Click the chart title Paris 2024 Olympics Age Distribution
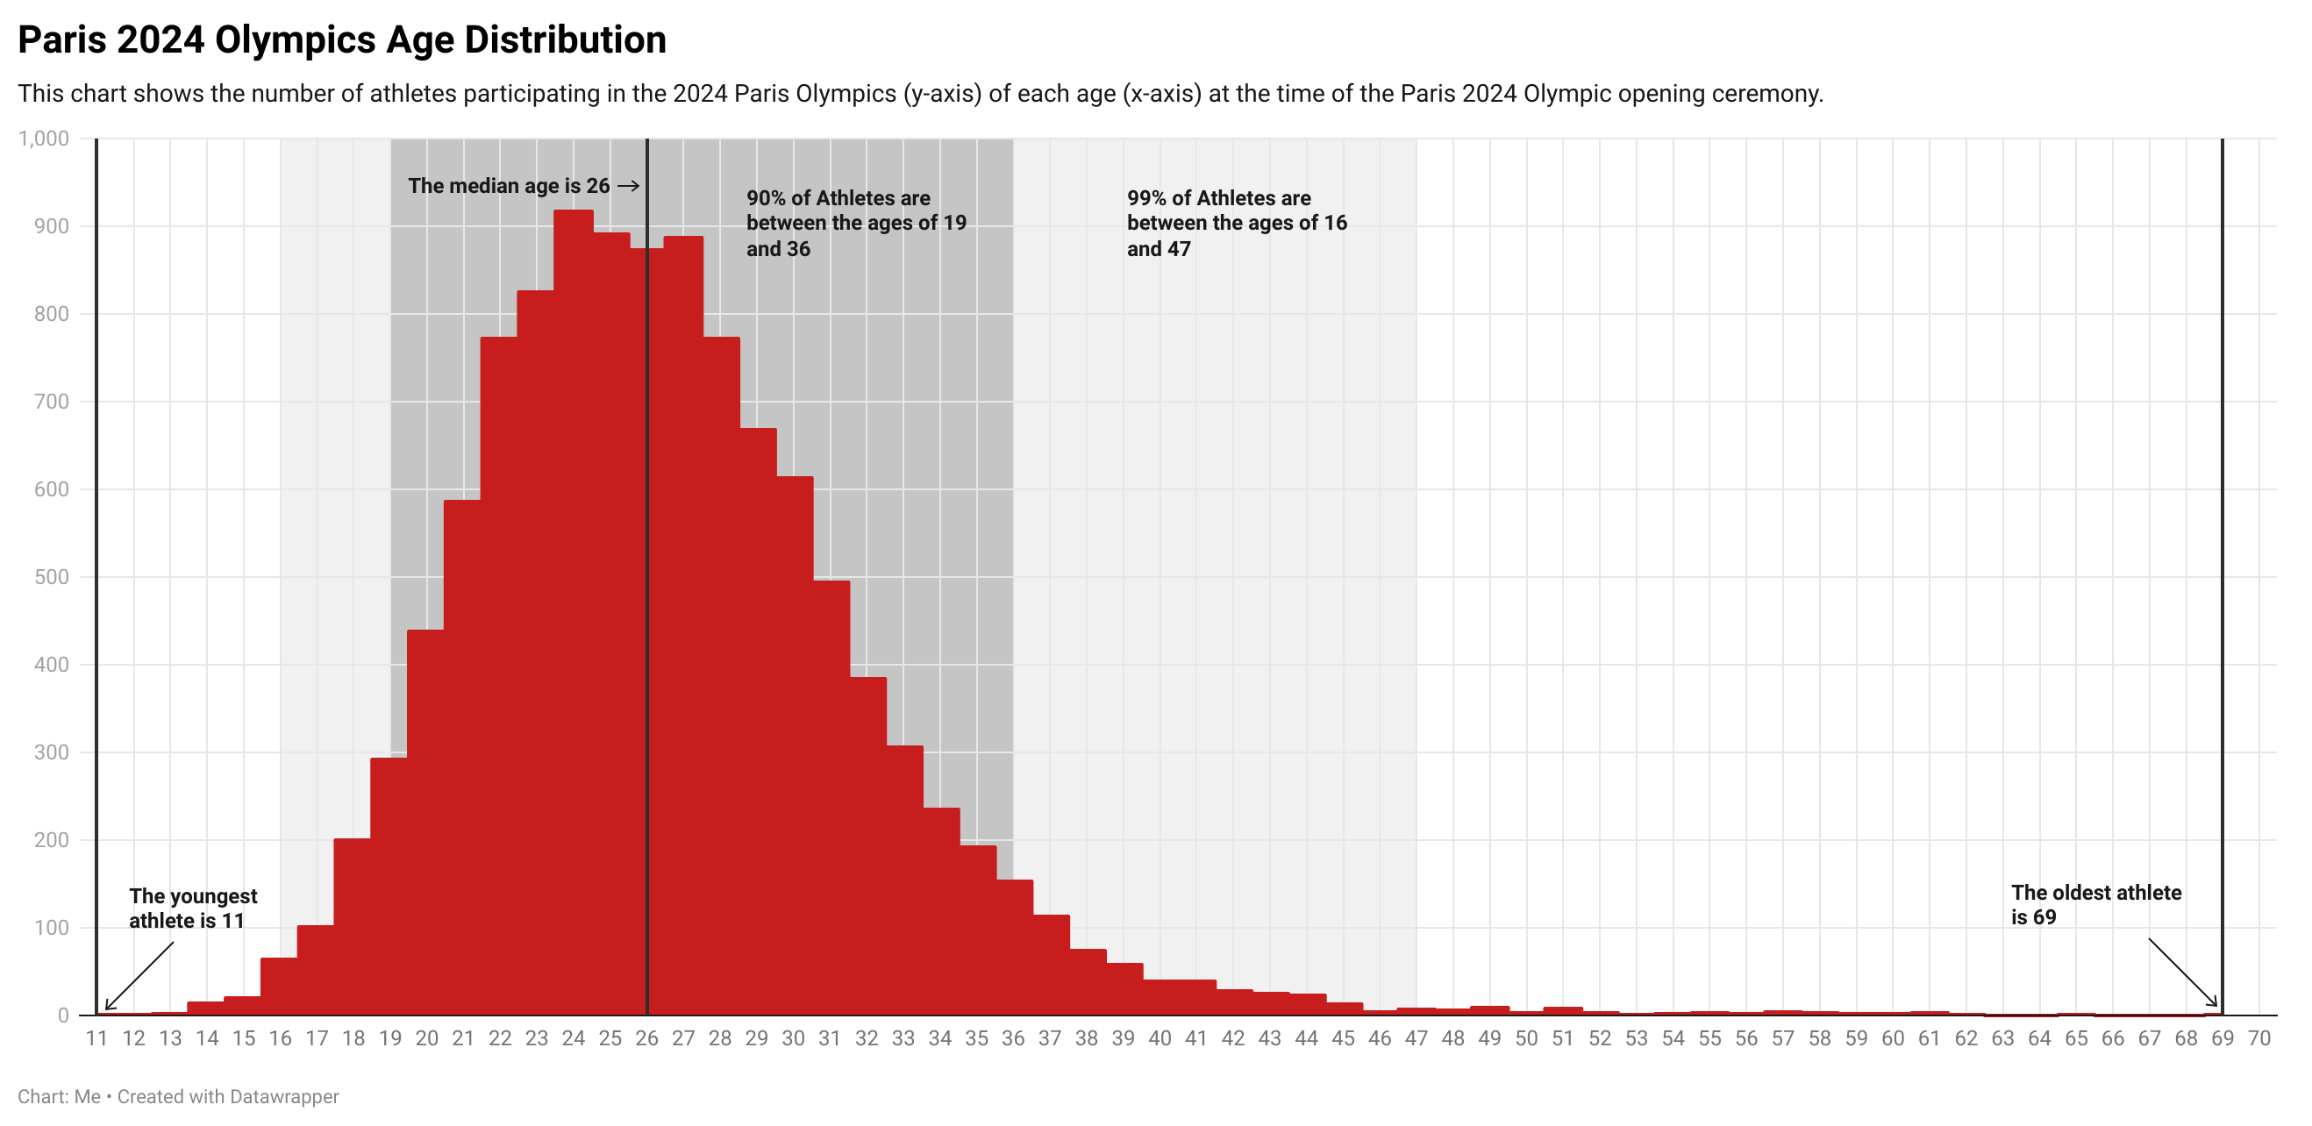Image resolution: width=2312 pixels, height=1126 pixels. point(342,40)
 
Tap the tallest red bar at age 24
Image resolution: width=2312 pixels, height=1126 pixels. point(573,610)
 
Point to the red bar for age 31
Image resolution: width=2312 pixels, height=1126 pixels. point(831,799)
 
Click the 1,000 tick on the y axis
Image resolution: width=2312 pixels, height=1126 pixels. point(44,139)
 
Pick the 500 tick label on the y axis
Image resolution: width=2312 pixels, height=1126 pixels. point(51,577)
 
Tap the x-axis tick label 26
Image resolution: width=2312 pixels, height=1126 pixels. point(646,1039)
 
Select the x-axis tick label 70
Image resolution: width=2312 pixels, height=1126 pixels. point(2258,1039)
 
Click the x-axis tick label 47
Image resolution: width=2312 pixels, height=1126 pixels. point(1416,1039)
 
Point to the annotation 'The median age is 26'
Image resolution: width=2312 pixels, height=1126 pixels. point(509,186)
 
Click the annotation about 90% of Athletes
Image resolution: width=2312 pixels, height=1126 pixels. point(855,224)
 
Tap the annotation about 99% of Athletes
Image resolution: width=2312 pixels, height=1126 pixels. point(1236,224)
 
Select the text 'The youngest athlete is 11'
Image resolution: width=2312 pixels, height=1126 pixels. point(192,908)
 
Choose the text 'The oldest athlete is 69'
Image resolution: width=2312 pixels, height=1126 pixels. point(2094,904)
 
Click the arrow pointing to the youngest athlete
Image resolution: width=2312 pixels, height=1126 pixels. point(139,975)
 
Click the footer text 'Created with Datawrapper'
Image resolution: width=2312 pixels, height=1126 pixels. point(228,1096)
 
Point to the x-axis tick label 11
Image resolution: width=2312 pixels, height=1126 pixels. point(97,1039)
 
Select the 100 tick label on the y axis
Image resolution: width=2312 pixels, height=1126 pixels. point(51,928)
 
